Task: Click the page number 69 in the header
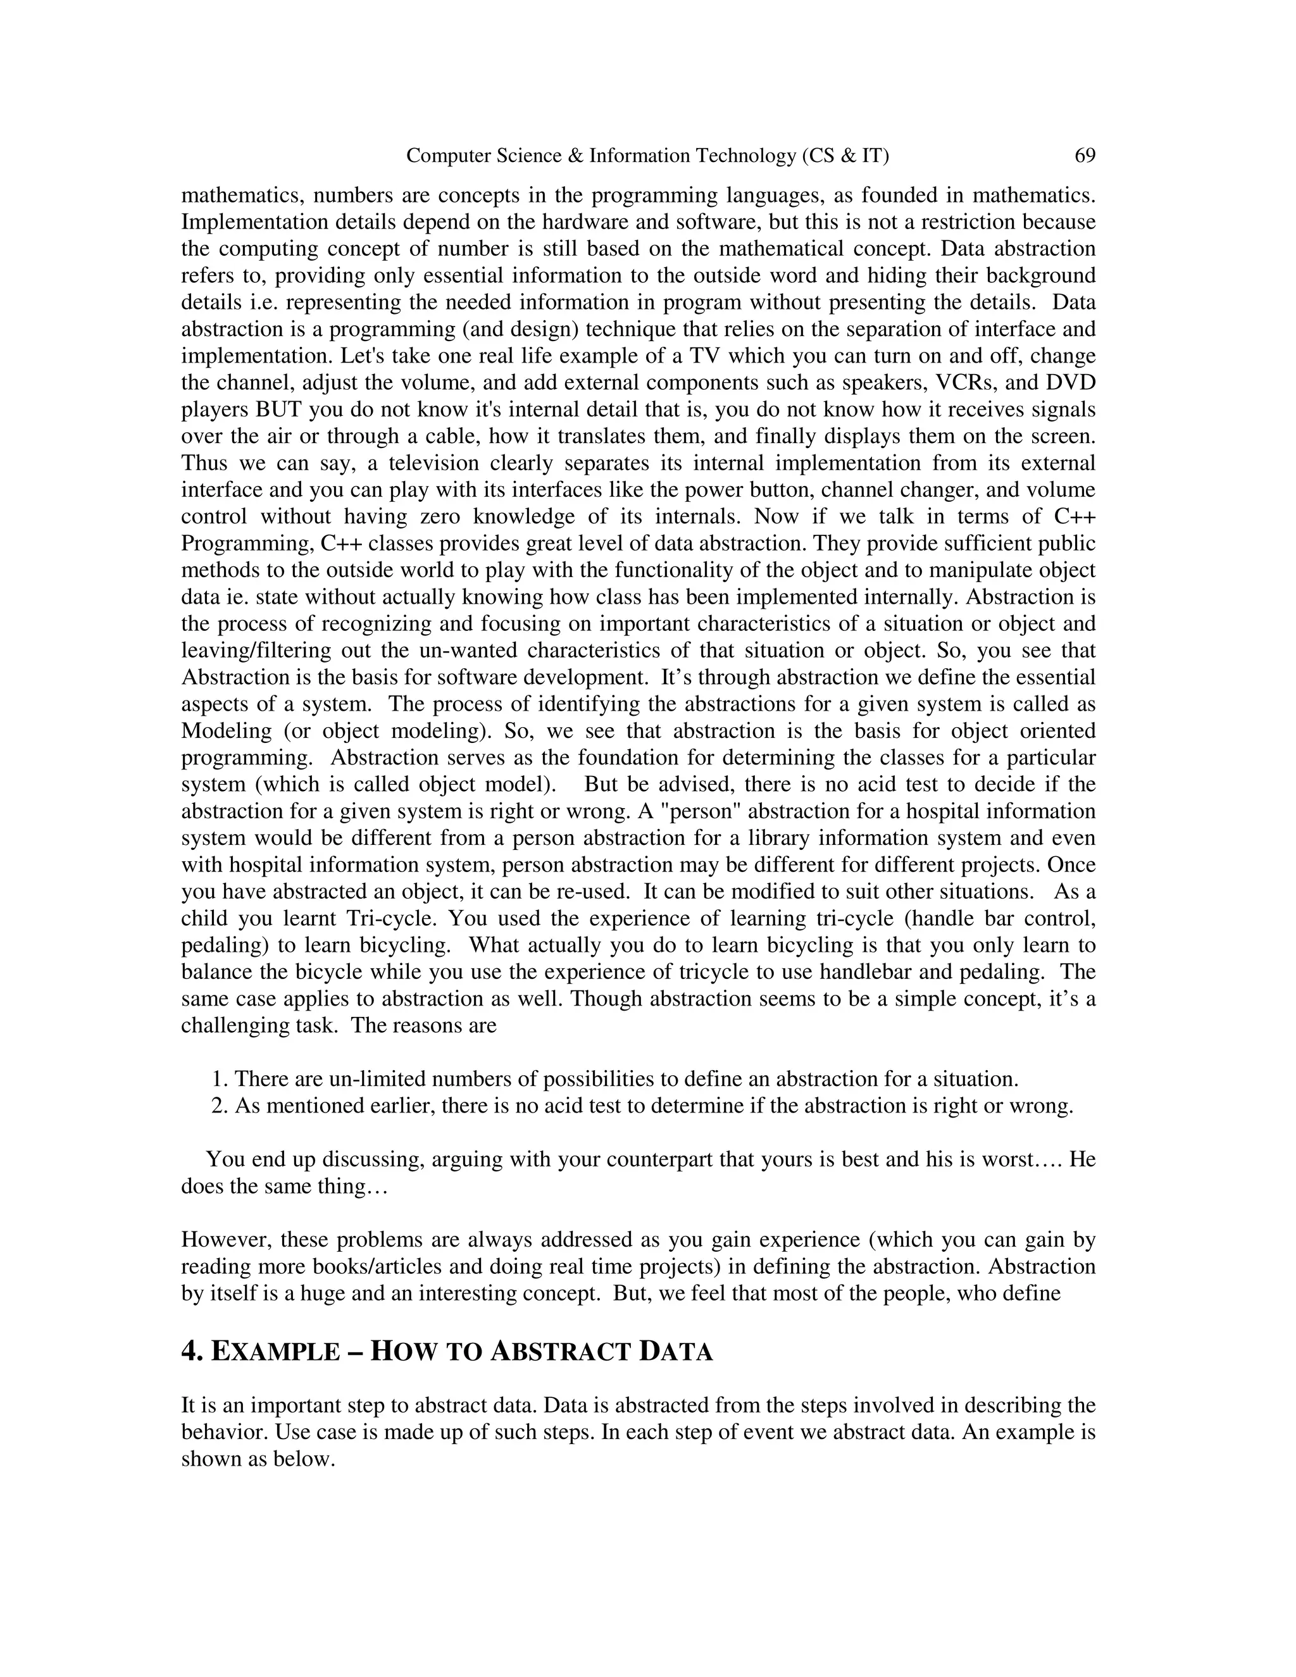click(x=1084, y=156)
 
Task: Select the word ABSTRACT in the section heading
click(x=561, y=1350)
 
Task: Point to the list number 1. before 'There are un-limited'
click(x=220, y=1079)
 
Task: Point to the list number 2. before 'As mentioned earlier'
click(x=220, y=1106)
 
